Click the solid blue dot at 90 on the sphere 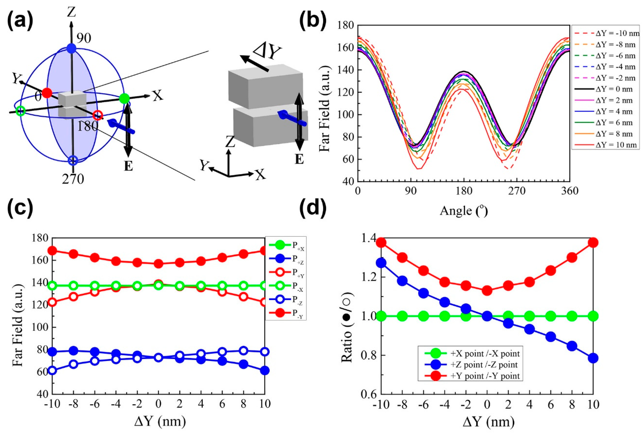click(72, 48)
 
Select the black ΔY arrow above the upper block click(254, 63)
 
